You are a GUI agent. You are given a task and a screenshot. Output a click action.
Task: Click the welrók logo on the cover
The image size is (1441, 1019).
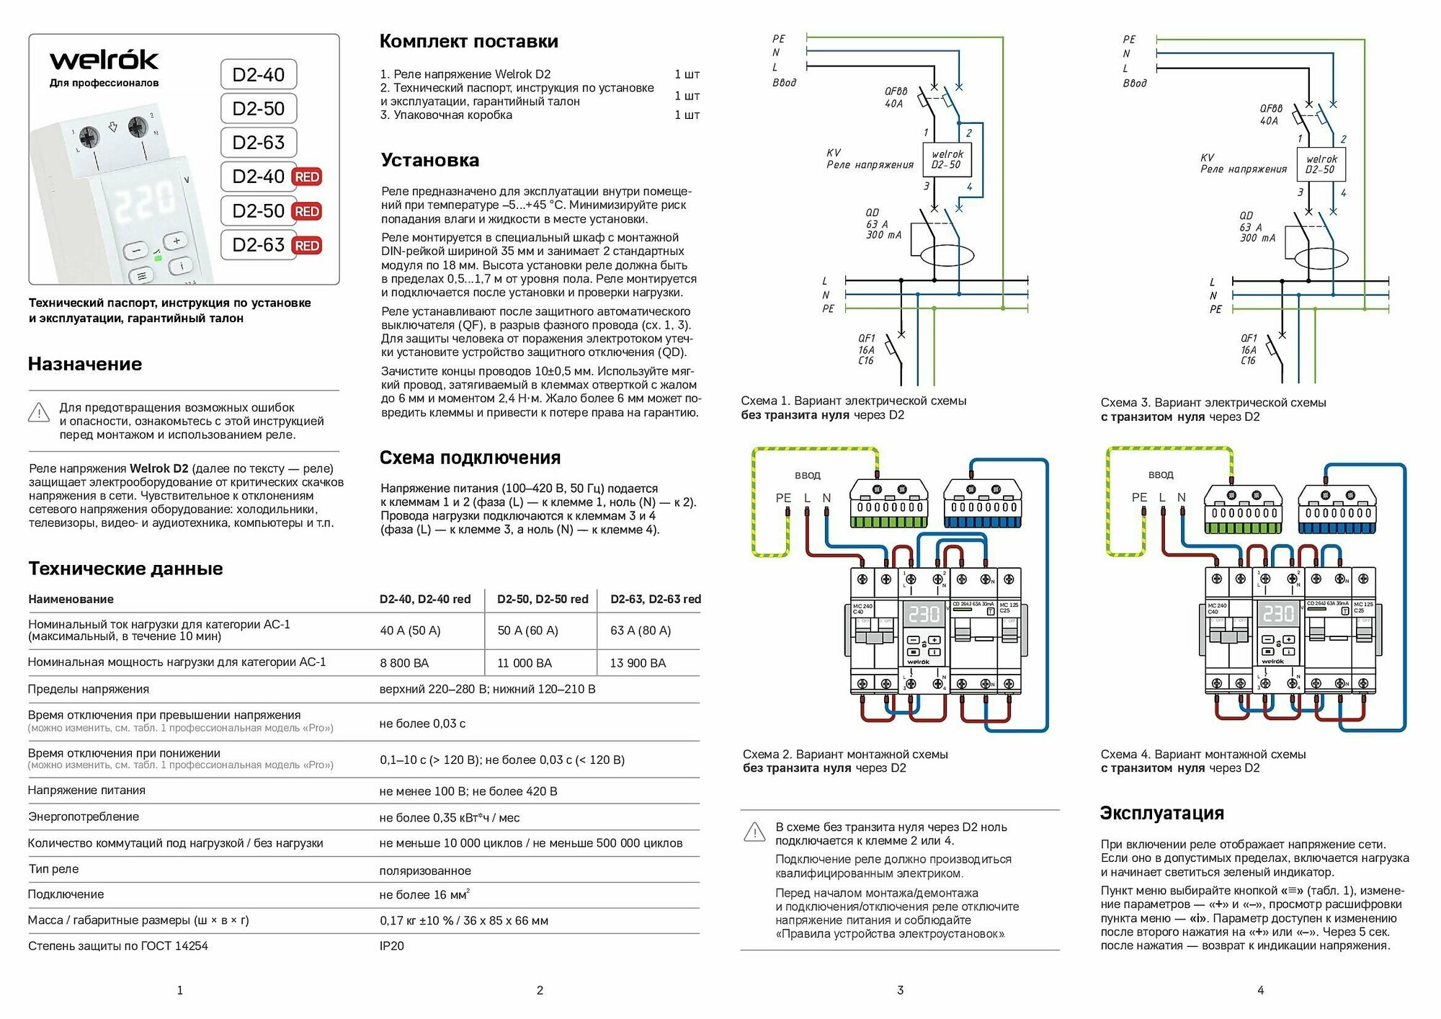[x=104, y=60]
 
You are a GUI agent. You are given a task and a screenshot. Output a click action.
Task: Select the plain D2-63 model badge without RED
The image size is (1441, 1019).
[x=259, y=143]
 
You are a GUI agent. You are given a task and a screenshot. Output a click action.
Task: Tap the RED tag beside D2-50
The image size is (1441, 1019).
[x=307, y=211]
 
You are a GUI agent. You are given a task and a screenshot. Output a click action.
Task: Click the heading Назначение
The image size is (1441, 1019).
[x=85, y=364]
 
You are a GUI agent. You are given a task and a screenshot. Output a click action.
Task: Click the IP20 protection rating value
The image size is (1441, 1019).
[x=392, y=946]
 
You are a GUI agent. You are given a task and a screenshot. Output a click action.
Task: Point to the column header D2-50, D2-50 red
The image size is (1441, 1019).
[x=543, y=599]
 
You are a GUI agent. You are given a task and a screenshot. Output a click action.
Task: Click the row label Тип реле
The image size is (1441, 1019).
[x=53, y=869]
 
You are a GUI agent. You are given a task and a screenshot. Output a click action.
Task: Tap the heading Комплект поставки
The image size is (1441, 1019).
[x=469, y=41]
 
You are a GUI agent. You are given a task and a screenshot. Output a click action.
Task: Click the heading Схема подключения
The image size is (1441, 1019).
[x=470, y=458]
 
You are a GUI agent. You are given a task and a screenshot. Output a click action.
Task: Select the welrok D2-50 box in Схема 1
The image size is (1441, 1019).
[x=947, y=159]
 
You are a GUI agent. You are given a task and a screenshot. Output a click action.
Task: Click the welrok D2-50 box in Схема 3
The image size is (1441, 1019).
[x=1321, y=164]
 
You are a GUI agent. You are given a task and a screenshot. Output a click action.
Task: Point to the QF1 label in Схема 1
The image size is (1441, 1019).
[x=866, y=338]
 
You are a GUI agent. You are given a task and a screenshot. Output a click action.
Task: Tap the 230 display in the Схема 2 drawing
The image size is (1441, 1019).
[x=924, y=614]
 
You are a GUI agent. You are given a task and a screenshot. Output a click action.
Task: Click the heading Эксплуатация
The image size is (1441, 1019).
[x=1161, y=813]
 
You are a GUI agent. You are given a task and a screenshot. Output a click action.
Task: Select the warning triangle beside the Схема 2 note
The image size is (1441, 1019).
[x=754, y=832]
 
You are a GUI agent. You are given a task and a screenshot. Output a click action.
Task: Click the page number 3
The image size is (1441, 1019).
[x=900, y=990]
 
